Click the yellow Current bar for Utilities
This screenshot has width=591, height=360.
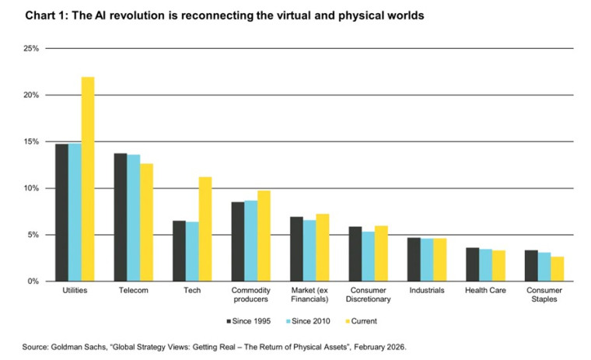(88, 179)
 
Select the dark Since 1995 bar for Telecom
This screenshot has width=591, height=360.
(121, 217)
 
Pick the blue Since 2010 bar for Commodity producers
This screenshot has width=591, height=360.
(251, 240)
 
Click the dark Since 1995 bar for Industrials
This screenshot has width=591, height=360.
(414, 259)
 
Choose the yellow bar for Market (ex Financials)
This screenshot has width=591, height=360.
(323, 247)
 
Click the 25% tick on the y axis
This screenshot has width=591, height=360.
(30, 49)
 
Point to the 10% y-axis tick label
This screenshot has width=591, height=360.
(30, 188)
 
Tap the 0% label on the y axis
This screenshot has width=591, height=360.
(33, 281)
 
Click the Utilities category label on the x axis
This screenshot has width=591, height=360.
(74, 291)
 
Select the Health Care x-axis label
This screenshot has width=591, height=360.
(486, 291)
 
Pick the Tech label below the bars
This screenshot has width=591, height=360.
(192, 291)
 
